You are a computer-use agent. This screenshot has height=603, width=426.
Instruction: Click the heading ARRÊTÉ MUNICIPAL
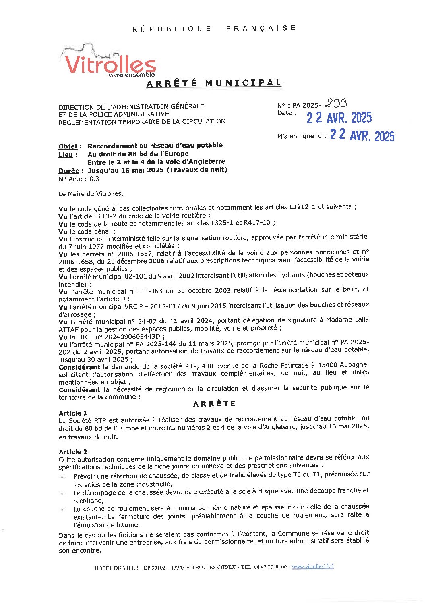[x=213, y=83]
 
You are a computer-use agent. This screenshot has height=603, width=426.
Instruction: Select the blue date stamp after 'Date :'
[x=339, y=118]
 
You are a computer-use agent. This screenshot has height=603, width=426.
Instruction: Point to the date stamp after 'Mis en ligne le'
[x=362, y=135]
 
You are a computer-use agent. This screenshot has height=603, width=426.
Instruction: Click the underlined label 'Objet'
[x=68, y=146]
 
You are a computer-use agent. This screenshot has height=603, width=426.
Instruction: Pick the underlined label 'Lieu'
[x=66, y=154]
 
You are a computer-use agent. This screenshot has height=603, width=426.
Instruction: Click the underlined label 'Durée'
[x=68, y=171]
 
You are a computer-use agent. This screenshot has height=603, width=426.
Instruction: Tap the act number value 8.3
[x=94, y=179]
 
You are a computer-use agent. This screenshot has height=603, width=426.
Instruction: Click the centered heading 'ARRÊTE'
[x=214, y=404]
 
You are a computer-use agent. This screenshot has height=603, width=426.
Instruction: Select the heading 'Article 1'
[x=73, y=413]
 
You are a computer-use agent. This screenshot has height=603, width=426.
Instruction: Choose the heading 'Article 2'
[x=73, y=452]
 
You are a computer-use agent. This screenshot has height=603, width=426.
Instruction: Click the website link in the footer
[x=313, y=566]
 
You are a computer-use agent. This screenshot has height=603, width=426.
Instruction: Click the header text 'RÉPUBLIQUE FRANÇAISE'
[x=214, y=28]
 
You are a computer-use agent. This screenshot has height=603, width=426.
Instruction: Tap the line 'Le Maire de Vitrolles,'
[x=91, y=194]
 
